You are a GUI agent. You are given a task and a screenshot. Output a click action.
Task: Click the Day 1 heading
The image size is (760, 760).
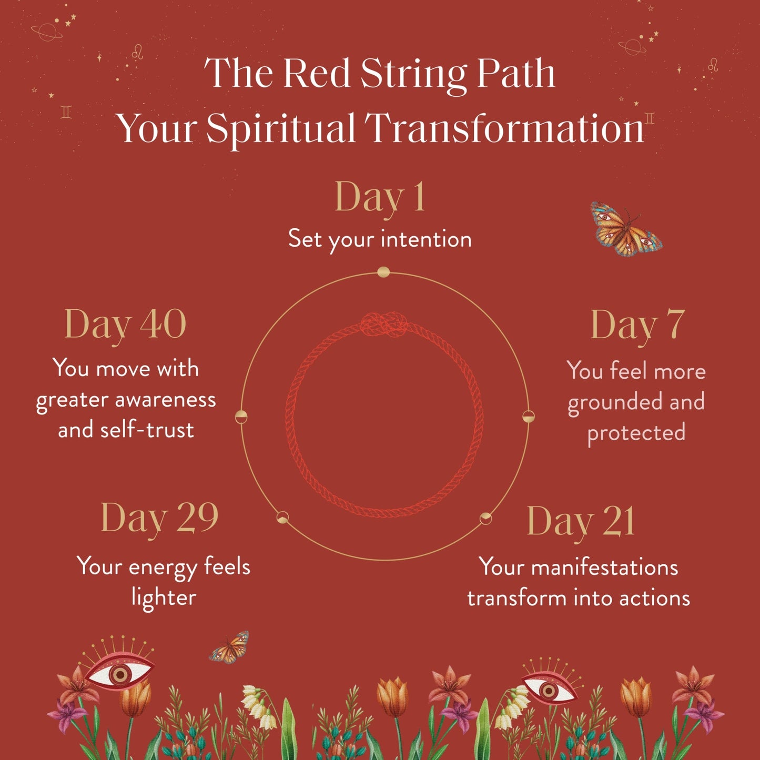[380, 198]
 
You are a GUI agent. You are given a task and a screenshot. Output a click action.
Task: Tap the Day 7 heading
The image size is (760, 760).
[637, 325]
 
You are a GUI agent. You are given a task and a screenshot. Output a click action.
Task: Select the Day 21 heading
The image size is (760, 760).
[581, 522]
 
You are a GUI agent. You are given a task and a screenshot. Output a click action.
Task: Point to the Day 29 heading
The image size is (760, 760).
[159, 518]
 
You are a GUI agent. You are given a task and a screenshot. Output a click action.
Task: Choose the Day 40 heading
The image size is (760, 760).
[125, 324]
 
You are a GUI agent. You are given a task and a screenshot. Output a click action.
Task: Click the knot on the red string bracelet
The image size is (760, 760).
[384, 325]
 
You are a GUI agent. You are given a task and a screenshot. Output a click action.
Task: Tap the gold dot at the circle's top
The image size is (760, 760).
[383, 272]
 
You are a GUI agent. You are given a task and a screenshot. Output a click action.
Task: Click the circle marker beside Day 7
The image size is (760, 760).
[528, 417]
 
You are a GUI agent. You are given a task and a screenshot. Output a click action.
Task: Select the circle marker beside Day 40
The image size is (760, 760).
[241, 417]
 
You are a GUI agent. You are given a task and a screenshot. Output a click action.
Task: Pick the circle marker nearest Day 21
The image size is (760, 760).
[486, 518]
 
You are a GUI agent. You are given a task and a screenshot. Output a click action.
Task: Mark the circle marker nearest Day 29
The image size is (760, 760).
[282, 517]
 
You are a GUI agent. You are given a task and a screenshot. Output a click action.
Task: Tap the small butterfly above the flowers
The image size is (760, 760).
[230, 648]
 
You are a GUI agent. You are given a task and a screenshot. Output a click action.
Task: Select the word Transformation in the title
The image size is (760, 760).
[504, 128]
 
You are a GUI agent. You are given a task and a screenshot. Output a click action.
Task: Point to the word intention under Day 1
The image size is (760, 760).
[426, 239]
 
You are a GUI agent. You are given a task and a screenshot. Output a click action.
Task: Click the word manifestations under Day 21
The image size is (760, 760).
[604, 568]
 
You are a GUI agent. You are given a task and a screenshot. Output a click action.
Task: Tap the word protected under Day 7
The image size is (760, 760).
[636, 433]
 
